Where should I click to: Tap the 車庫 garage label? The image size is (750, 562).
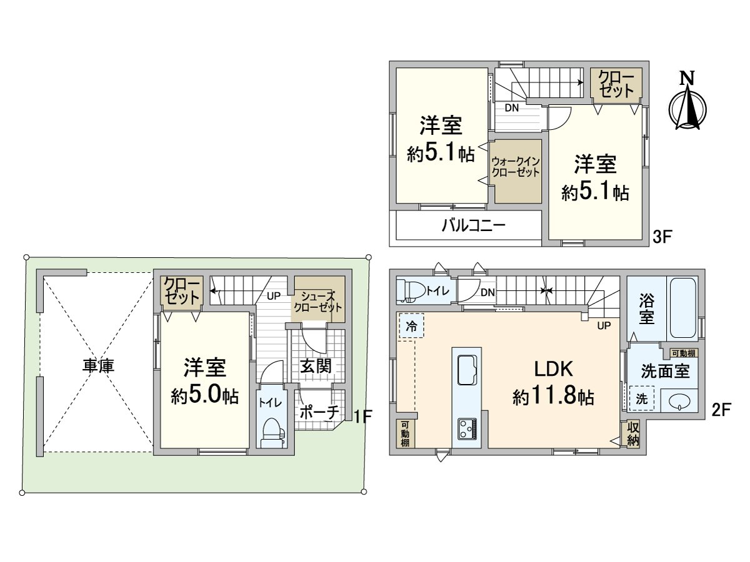[x=99, y=366]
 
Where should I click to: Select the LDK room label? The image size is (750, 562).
[x=553, y=370]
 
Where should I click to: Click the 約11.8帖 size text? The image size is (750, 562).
[x=553, y=397]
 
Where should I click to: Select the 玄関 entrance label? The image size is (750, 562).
[x=316, y=367]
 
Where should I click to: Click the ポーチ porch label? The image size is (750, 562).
[x=319, y=412]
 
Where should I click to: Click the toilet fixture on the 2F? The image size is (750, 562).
[x=410, y=290]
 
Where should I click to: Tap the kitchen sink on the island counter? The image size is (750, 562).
[x=466, y=370]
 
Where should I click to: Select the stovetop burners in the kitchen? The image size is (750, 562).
[x=466, y=428]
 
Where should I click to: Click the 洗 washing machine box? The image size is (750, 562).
[x=641, y=399]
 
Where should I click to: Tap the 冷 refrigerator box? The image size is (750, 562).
[x=411, y=325]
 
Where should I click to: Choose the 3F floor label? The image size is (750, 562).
[x=662, y=237]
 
